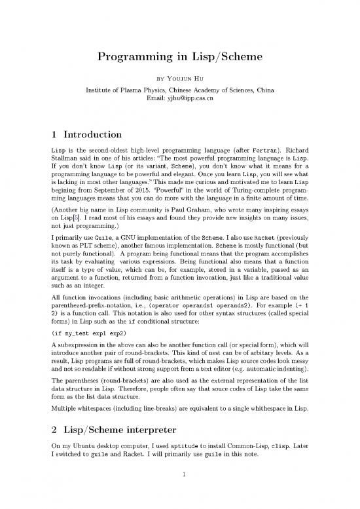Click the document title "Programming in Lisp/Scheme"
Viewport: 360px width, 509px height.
(179, 58)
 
